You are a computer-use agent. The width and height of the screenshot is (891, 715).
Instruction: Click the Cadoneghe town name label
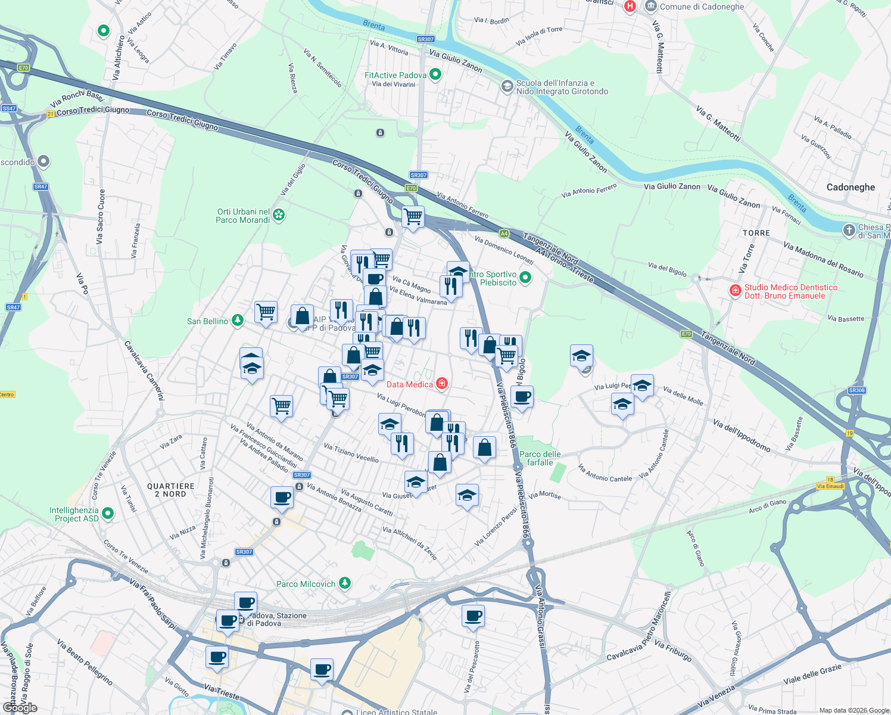(x=850, y=187)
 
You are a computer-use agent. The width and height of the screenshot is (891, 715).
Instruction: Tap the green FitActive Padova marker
(x=435, y=75)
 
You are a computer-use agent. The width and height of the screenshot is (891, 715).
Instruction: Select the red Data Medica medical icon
(x=442, y=384)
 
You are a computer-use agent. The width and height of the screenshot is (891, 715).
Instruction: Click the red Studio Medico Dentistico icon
(x=736, y=291)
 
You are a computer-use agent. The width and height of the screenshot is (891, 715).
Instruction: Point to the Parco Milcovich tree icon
(x=344, y=583)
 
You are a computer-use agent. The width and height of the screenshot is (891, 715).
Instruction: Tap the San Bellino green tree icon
(x=238, y=321)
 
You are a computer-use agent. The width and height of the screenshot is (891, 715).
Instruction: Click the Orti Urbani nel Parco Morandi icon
(x=279, y=215)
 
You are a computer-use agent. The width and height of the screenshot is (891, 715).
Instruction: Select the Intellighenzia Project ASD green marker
(x=108, y=514)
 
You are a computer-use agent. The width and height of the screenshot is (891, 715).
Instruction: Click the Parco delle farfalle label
(x=540, y=458)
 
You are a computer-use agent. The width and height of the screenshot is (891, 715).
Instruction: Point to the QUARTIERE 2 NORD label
(x=171, y=490)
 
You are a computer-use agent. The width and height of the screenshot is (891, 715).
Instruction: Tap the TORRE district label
(x=756, y=233)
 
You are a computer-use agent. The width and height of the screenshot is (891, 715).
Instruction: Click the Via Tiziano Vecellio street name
(x=351, y=453)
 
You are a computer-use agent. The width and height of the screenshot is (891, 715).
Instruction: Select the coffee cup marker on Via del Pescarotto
(x=473, y=617)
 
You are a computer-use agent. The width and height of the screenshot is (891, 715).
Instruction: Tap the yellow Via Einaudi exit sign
(x=830, y=486)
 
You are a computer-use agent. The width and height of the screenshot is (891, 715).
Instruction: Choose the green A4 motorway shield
(x=504, y=234)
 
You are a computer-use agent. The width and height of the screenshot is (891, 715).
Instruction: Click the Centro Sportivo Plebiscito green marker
(x=525, y=277)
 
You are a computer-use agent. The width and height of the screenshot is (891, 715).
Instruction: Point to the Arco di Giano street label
(x=767, y=506)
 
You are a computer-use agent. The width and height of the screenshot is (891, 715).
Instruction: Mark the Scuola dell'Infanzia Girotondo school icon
(x=507, y=87)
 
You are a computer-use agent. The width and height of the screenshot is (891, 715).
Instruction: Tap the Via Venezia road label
(x=716, y=696)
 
